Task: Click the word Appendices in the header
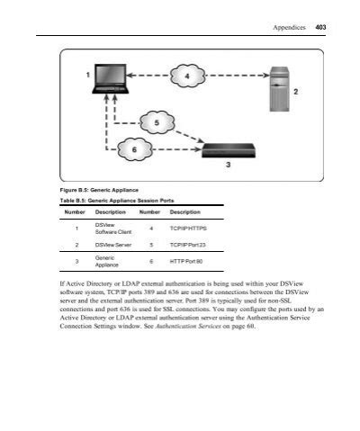(x=289, y=29)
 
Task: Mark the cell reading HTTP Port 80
(x=186, y=262)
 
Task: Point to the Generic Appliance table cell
(x=107, y=262)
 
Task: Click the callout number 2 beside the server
(x=295, y=91)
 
